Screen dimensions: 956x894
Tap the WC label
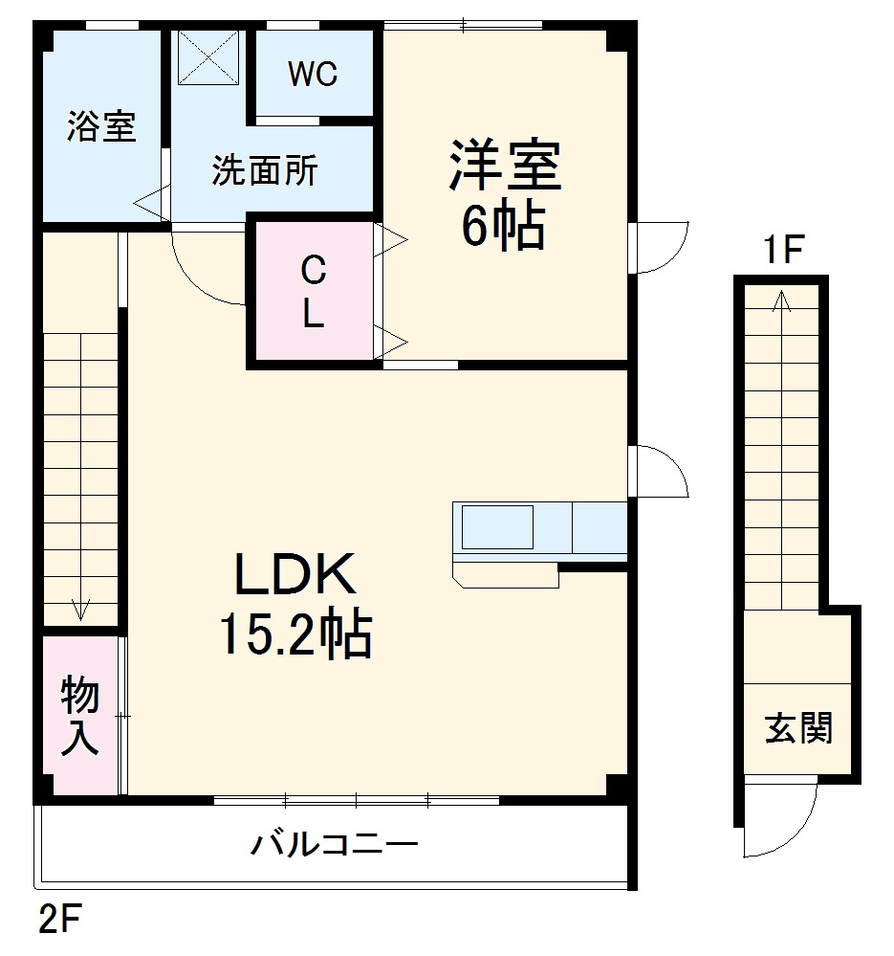314,76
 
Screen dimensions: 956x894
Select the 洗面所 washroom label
264,171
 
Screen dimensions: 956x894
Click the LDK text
295,576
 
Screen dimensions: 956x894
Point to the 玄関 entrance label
797,729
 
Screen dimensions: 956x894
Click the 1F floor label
780,252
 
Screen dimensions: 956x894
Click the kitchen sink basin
497,526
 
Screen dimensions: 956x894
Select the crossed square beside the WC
209,59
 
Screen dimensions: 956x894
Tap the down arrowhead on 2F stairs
80,609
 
